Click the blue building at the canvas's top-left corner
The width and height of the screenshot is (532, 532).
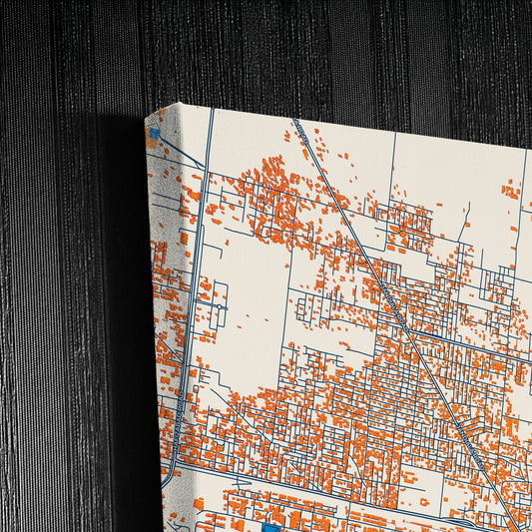point(154,133)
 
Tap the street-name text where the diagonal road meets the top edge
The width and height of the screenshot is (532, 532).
point(299,129)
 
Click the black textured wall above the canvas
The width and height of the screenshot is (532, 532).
point(299,50)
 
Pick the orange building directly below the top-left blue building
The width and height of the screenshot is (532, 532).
point(152,145)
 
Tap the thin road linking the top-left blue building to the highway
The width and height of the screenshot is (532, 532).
point(180,150)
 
